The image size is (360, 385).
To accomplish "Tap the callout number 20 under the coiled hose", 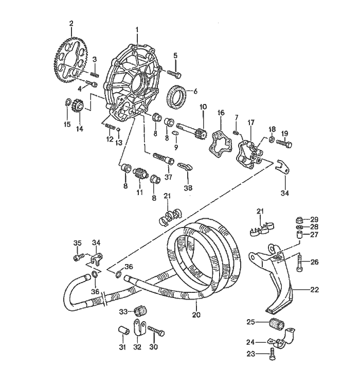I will (195, 313).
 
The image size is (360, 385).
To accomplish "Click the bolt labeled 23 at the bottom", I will (271, 354).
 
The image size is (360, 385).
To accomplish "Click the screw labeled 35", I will (79, 255).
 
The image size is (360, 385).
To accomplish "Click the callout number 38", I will (189, 188).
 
